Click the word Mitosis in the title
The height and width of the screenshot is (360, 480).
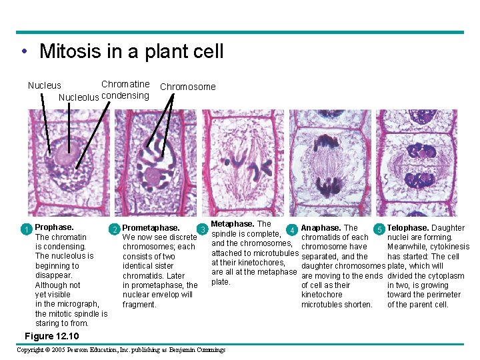coord(68,51)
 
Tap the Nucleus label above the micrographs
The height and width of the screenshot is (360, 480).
coord(44,85)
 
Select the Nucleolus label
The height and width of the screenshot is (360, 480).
coord(79,97)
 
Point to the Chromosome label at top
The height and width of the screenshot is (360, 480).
coord(188,87)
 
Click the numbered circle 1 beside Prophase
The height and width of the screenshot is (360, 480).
coord(25,230)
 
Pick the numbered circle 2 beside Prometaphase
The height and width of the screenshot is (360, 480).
coord(115,230)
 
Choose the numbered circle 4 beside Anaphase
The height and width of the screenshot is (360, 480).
coord(291,231)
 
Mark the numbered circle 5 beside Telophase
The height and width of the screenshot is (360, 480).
coord(379,231)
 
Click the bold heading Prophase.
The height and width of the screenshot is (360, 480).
coord(54,227)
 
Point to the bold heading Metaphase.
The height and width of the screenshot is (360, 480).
coord(233,224)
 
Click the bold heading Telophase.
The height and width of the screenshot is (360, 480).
coord(409,228)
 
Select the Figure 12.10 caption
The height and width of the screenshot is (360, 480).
coord(51,336)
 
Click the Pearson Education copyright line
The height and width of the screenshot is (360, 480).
coord(121,350)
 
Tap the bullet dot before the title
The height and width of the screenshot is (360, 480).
coord(23,53)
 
